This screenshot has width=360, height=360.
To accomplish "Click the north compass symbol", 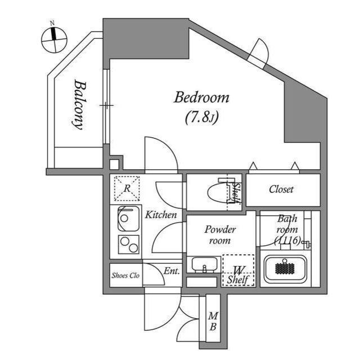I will click(x=54, y=38).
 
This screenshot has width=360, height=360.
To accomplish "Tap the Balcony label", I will click(x=79, y=105).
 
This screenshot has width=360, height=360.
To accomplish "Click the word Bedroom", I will click(x=201, y=98).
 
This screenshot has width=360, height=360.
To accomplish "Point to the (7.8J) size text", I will click(x=201, y=118).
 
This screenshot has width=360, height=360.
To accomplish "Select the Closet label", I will click(x=281, y=190).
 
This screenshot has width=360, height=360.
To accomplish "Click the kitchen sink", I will click(x=129, y=218).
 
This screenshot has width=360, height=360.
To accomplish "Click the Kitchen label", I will click(x=161, y=215).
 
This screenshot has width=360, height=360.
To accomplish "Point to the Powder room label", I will click(x=220, y=235).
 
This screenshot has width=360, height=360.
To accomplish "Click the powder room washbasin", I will click(x=204, y=264).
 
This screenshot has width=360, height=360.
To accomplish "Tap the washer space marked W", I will click(x=238, y=270).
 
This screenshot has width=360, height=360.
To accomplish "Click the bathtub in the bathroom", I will click(x=285, y=268).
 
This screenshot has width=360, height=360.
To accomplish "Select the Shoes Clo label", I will click(x=125, y=275).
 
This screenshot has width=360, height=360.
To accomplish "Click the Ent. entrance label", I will click(x=172, y=271).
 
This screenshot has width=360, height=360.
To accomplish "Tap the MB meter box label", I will click(x=213, y=321).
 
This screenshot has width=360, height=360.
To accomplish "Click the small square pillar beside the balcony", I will click(x=115, y=165).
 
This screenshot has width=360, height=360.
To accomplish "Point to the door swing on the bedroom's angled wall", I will click(x=260, y=52).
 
